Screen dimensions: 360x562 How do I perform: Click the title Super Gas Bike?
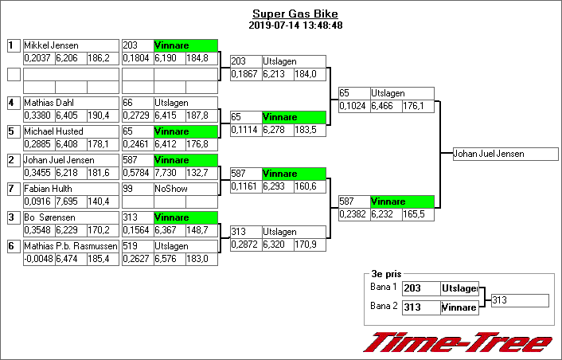[x=295, y=14]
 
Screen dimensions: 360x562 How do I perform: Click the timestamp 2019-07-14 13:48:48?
[x=295, y=25]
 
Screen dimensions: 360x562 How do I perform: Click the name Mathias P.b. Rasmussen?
[x=71, y=246]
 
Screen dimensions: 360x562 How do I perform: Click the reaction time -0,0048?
[x=39, y=259]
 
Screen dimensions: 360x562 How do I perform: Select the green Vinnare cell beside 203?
[x=185, y=46]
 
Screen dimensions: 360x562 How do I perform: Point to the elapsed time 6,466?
[x=386, y=106]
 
